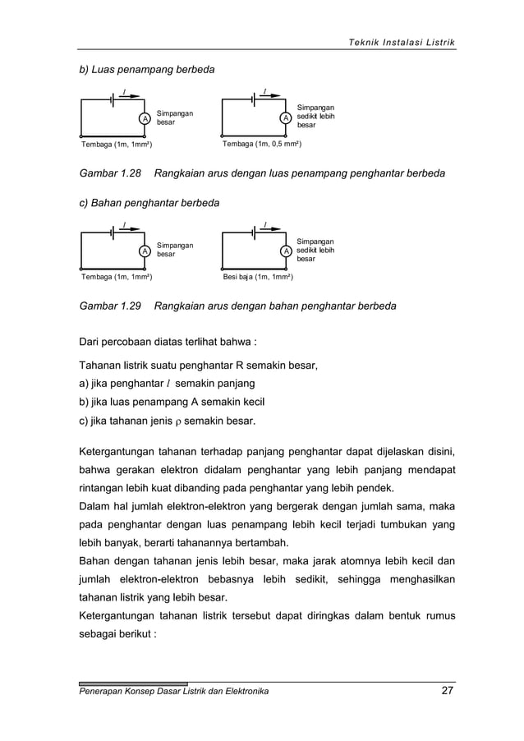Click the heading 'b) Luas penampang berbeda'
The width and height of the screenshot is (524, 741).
(x=146, y=70)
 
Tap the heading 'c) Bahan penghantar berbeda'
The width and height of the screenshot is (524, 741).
(x=149, y=202)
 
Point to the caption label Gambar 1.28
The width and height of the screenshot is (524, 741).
(x=110, y=174)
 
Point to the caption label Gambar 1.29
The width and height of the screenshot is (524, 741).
(x=110, y=306)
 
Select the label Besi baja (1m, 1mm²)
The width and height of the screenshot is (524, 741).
(x=259, y=278)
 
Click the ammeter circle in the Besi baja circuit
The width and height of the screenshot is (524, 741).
(x=286, y=251)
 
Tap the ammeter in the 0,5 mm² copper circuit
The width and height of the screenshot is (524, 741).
(x=286, y=118)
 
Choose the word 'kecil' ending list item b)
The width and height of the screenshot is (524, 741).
(x=251, y=403)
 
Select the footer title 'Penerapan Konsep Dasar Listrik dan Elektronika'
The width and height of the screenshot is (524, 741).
(x=173, y=692)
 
